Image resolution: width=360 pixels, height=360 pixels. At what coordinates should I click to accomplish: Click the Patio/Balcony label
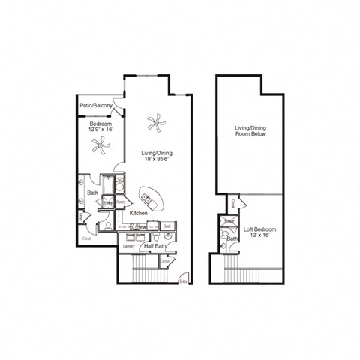(x=97, y=106)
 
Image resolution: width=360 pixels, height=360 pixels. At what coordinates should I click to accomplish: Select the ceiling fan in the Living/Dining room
(x=156, y=122)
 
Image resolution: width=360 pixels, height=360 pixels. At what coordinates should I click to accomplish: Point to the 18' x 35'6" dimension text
(x=157, y=161)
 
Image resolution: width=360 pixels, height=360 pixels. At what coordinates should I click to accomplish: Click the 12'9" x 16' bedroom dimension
(x=100, y=129)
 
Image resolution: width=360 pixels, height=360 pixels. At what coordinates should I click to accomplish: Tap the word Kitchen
(x=137, y=214)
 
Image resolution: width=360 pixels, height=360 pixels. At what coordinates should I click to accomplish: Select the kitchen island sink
(x=147, y=199)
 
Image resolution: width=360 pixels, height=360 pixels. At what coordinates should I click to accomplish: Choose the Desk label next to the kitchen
(x=168, y=226)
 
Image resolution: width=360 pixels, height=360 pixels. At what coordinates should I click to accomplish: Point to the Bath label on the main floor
(x=92, y=193)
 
